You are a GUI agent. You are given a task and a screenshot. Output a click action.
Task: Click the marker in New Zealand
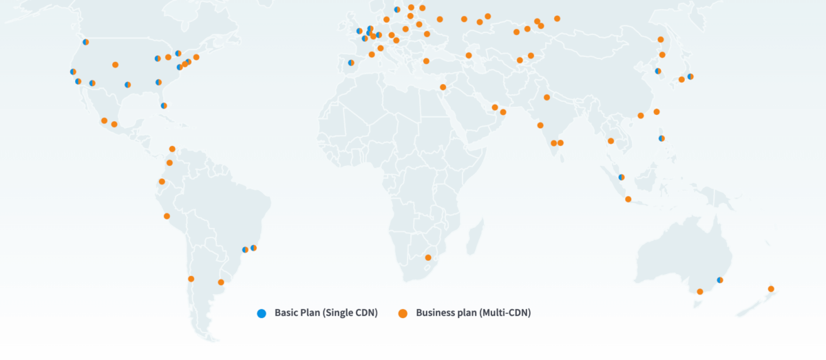tap(771, 288)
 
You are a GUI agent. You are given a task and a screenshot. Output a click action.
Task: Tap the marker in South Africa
tap(428, 257)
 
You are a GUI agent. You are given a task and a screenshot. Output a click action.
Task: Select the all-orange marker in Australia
tap(700, 292)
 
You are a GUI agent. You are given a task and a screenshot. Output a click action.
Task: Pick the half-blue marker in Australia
tap(720, 280)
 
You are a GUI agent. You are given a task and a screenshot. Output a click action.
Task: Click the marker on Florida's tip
tap(164, 105)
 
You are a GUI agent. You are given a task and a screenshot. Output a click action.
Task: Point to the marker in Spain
tap(351, 63)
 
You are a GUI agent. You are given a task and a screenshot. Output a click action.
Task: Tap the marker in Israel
tap(443, 87)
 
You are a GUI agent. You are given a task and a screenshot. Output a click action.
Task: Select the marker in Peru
tap(167, 216)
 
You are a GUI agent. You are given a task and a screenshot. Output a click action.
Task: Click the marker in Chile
tap(191, 279)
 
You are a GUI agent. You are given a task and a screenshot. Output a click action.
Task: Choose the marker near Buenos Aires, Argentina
tap(221, 282)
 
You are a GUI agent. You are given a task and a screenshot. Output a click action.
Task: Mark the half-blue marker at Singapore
tap(622, 177)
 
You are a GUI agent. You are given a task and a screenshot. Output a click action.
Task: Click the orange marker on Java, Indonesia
tap(628, 200)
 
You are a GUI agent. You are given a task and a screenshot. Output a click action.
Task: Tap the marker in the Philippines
tap(661, 138)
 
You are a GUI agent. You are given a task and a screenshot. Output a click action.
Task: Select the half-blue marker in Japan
tap(690, 76)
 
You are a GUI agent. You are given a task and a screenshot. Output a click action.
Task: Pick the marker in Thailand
tap(611, 141)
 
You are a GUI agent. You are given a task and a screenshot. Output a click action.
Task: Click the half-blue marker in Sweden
tap(397, 10)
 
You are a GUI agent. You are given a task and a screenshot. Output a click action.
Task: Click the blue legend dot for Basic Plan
tap(262, 313)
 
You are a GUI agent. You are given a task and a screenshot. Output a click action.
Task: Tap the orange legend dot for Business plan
tap(403, 313)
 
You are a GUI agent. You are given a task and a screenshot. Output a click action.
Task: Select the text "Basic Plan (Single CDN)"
tap(326, 313)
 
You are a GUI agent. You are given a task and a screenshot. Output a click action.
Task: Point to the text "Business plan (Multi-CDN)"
tap(474, 313)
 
